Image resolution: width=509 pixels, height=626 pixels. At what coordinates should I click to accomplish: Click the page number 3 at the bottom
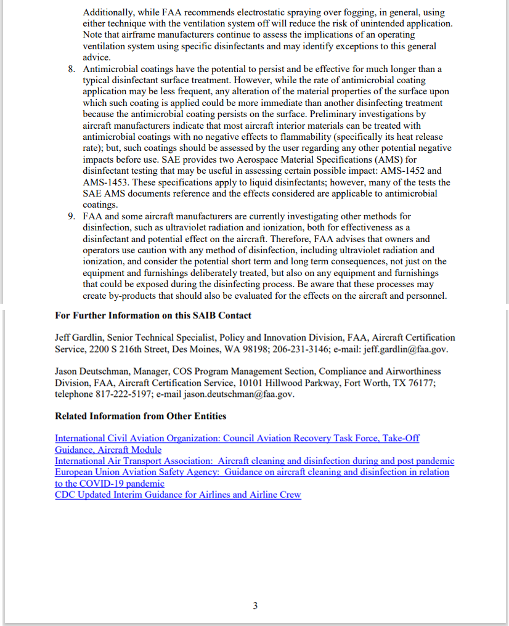255,606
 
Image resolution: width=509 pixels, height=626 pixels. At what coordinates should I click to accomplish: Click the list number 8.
71,69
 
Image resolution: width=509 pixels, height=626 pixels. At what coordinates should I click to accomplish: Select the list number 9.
71,217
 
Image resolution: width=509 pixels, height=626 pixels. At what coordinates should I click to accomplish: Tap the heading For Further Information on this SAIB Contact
153,315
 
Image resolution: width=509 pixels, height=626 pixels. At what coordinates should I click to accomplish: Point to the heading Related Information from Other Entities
140,416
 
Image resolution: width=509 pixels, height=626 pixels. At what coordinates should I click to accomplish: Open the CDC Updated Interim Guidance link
177,495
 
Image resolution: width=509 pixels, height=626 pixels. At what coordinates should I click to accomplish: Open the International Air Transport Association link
254,461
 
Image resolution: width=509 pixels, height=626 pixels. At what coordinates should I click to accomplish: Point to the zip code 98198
255,349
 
